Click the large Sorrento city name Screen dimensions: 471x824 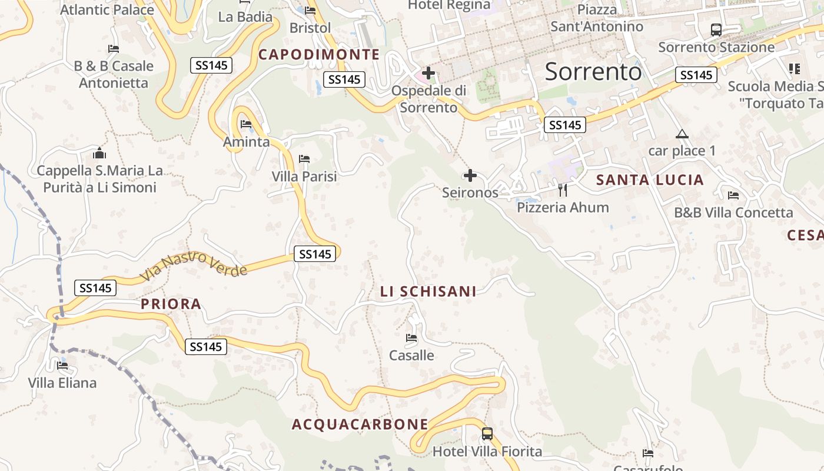point(593,71)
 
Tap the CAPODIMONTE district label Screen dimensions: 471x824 point(319,55)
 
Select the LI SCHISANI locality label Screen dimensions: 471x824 point(428,291)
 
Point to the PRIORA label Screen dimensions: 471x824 point(171,304)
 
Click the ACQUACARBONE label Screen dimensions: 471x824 point(360,424)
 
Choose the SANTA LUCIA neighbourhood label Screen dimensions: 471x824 point(650,180)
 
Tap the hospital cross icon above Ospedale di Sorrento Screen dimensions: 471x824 point(428,74)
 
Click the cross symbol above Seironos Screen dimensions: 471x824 point(470,175)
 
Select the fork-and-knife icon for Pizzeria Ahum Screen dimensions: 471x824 point(563,190)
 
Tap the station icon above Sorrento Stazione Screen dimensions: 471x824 point(716,29)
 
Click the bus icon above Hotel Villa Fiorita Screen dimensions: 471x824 point(487,434)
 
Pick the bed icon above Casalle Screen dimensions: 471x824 point(411,338)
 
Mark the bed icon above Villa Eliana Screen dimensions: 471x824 point(62,365)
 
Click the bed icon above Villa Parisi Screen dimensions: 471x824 point(304,158)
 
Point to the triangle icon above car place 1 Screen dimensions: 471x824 point(682,134)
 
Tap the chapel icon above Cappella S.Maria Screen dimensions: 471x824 point(99,154)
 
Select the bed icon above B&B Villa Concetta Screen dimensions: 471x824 point(733,195)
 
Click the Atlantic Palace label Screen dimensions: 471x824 point(107,9)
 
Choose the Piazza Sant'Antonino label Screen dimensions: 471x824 point(597,18)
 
